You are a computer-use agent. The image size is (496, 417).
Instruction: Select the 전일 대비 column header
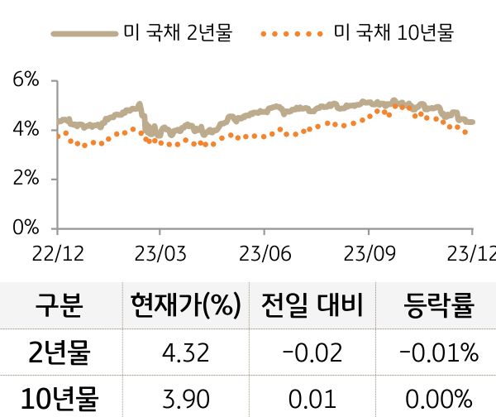tap(312, 306)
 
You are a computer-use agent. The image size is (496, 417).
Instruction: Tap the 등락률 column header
tap(438, 306)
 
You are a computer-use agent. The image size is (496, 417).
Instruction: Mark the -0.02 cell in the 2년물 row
tap(312, 353)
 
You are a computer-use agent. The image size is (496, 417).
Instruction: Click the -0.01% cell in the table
tap(438, 353)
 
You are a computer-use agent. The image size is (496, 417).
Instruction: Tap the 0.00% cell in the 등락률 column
tap(438, 399)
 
